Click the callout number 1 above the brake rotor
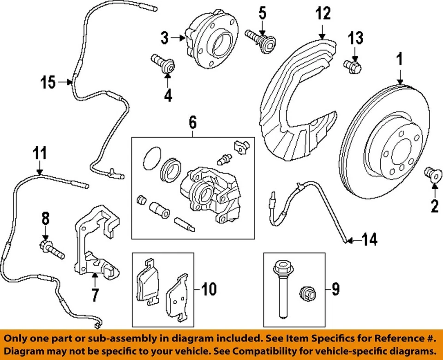coord(400,60)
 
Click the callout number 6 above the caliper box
coord(192,123)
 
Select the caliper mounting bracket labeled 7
coord(94,245)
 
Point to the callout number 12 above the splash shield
coord(323,14)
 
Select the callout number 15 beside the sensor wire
coord(48,83)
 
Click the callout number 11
coord(40,152)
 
